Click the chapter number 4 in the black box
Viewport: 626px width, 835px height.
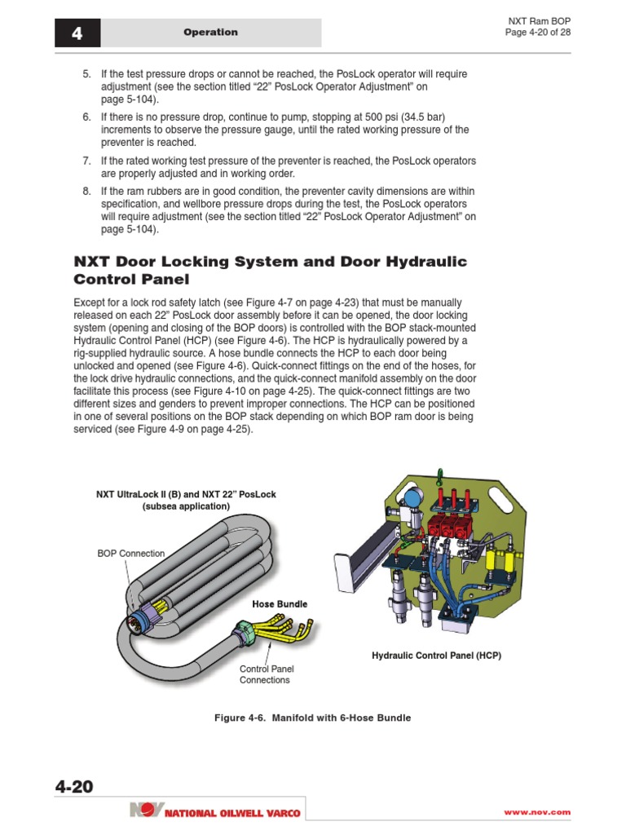(x=77, y=33)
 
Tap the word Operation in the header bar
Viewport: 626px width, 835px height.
(x=210, y=33)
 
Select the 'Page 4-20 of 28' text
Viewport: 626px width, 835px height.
(x=538, y=32)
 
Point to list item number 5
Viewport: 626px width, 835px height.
(x=86, y=74)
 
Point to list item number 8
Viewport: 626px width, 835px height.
(x=86, y=192)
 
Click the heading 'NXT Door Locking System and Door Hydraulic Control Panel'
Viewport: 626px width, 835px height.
(x=270, y=270)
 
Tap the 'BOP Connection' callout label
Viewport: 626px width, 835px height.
(x=130, y=553)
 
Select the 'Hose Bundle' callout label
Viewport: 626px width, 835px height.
(x=280, y=604)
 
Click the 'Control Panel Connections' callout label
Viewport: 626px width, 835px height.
(x=266, y=674)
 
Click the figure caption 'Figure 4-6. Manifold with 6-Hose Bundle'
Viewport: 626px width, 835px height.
(x=312, y=718)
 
